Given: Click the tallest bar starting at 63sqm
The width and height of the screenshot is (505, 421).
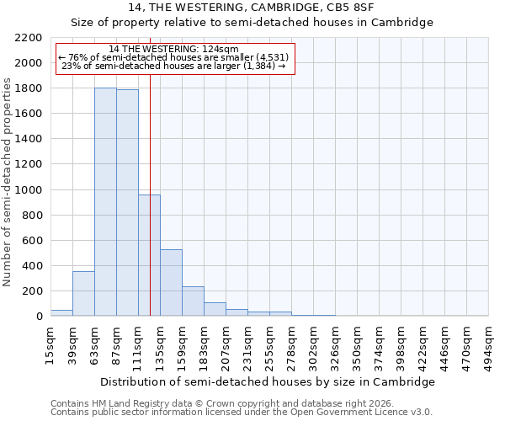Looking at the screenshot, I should tap(105, 202).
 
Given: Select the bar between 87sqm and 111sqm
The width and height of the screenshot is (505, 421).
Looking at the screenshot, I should tap(127, 203).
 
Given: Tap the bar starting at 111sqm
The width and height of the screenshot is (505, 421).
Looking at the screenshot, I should tap(149, 255).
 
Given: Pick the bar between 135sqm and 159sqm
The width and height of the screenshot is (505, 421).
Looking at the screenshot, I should tap(171, 283).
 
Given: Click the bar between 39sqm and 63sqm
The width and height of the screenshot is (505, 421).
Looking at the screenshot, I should tap(83, 294).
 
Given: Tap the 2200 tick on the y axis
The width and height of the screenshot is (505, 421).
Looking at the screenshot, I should tap(30, 38).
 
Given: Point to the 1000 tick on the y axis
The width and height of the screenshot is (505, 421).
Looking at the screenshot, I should tap(30, 190).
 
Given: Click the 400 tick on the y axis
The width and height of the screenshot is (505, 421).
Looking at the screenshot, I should tap(34, 266).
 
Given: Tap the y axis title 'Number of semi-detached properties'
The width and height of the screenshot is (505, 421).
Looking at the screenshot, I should tap(8, 182).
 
